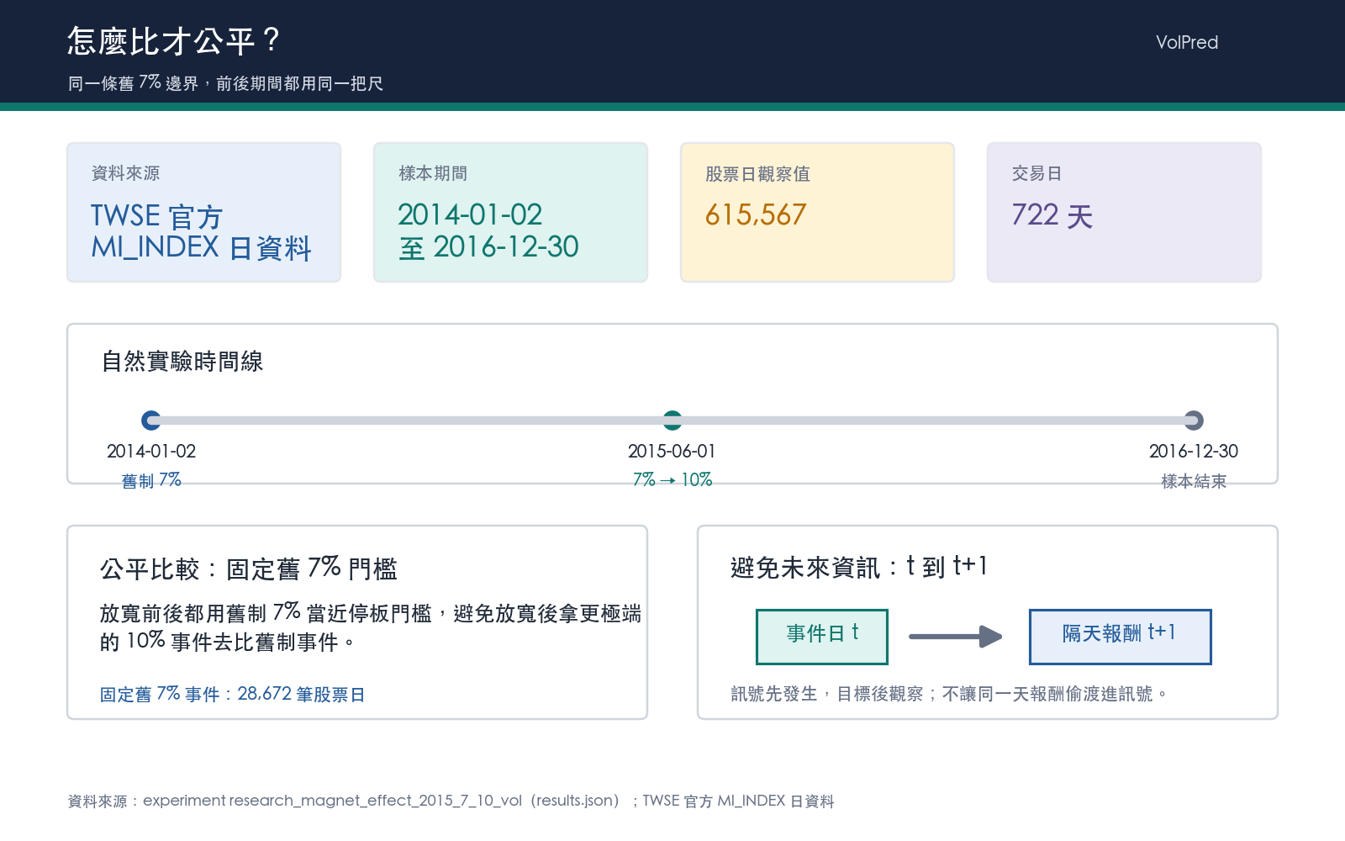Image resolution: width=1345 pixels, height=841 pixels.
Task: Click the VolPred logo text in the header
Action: pyautogui.click(x=1186, y=42)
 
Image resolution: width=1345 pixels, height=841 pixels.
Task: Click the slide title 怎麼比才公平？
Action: pyautogui.click(x=173, y=41)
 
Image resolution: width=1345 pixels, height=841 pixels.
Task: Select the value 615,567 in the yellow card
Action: pyautogui.click(x=756, y=214)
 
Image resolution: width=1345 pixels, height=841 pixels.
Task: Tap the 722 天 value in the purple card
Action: pyautogui.click(x=1052, y=215)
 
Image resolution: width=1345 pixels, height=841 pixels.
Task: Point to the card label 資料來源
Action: pyautogui.click(x=125, y=173)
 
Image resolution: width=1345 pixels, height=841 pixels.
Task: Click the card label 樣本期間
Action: pyautogui.click(x=433, y=173)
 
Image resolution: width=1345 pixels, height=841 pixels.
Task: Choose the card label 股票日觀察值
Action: pyautogui.click(x=757, y=173)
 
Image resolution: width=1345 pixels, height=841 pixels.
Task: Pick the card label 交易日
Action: pyautogui.click(x=1037, y=173)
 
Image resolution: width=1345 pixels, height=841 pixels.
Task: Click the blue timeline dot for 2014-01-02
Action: pyautogui.click(x=150, y=420)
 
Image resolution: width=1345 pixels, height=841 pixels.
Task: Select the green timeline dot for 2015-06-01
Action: pyautogui.click(x=672, y=420)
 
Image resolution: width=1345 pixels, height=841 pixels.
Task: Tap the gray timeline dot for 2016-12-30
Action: pyautogui.click(x=1194, y=420)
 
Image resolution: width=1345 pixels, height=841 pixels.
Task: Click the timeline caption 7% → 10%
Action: pyautogui.click(x=672, y=480)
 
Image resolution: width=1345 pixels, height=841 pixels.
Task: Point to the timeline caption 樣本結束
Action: pyautogui.click(x=1194, y=481)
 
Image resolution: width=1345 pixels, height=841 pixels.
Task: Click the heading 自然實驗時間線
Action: pyautogui.click(x=182, y=361)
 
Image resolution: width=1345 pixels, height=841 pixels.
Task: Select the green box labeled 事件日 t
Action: pyautogui.click(x=822, y=637)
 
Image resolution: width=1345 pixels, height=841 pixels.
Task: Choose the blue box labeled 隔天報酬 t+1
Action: pyautogui.click(x=1121, y=637)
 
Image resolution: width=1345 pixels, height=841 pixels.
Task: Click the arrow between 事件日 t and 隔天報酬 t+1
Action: pyautogui.click(x=955, y=637)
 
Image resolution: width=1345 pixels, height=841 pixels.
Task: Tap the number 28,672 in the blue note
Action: pyautogui.click(x=264, y=693)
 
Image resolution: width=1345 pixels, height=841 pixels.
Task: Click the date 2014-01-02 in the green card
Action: pyautogui.click(x=470, y=214)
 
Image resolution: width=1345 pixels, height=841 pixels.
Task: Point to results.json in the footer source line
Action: pyautogui.click(x=575, y=801)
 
